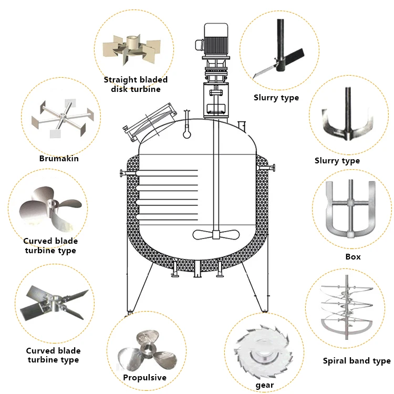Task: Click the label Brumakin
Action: coord(59,158)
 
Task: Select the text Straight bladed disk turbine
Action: coord(136,84)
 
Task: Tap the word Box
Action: coord(352,257)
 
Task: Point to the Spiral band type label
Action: coord(356,361)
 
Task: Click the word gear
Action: coord(265,385)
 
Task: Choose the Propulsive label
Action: coord(144,377)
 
